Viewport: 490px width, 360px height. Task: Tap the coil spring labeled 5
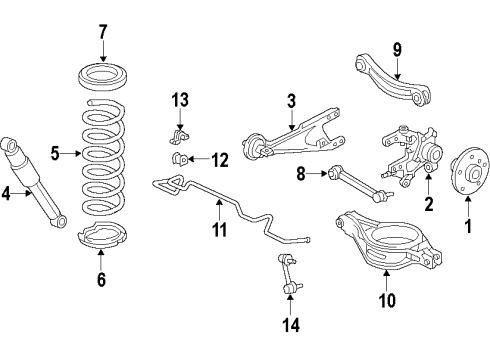point(103,155)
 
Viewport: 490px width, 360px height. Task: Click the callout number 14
point(290,323)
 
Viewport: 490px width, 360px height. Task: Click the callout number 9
point(396,47)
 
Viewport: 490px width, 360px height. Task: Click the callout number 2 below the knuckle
point(428,205)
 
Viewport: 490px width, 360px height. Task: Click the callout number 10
point(387,299)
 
